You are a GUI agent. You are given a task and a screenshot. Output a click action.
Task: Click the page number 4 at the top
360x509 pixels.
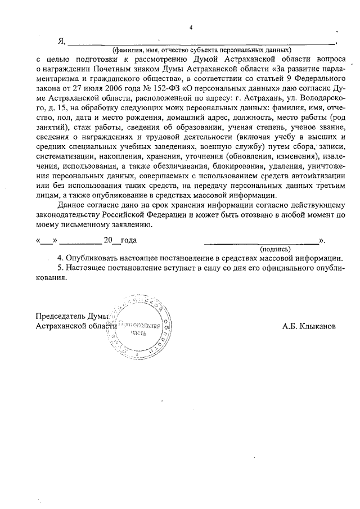191,28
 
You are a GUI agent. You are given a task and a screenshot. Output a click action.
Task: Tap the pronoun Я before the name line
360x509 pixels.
61,41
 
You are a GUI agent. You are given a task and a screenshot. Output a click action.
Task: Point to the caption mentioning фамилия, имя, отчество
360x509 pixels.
201,49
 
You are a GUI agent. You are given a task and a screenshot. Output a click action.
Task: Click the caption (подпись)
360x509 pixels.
275,248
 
